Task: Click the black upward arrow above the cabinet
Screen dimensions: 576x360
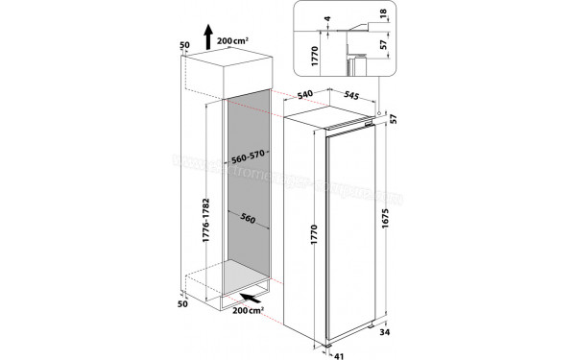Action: pos(207,38)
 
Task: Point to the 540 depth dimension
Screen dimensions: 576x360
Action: pos(306,95)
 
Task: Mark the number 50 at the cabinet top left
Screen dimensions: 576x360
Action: pos(184,45)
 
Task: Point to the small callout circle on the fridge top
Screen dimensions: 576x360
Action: pos(381,113)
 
